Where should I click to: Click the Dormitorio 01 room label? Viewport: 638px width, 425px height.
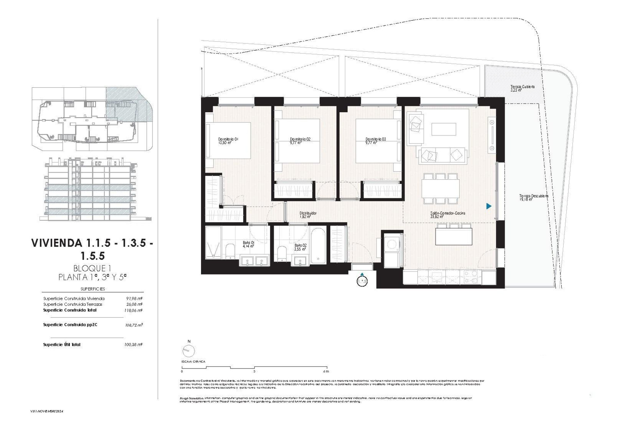pos(228,141)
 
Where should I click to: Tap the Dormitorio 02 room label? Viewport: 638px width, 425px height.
pos(300,141)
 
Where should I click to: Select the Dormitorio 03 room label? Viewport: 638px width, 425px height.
pos(375,141)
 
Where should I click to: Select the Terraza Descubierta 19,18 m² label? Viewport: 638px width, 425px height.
pos(534,198)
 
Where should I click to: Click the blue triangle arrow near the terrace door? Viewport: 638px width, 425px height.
pos(488,206)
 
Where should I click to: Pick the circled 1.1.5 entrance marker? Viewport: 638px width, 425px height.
pos(362,281)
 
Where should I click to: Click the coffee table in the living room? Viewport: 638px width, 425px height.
pos(444,129)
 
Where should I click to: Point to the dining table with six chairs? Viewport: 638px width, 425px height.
pos(441,188)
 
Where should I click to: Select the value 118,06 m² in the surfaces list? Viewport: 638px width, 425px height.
pos(133,310)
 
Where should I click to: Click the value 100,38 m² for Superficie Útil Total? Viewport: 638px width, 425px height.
pos(133,345)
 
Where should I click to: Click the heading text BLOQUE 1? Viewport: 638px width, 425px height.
pos(92,268)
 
